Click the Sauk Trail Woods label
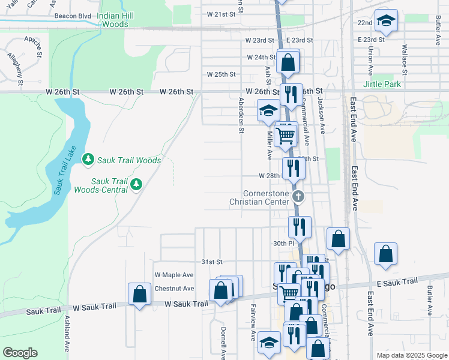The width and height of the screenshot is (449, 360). [131, 160]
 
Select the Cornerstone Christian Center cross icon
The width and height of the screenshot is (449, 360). [299, 196]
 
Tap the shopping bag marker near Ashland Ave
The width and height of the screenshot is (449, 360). [139, 294]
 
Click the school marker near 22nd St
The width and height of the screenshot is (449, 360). [386, 21]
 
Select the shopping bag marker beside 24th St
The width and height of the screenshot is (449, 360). [288, 61]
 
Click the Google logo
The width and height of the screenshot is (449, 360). [20, 353]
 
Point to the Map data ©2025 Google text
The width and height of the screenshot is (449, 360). [411, 355]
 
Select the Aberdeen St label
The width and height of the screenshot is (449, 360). [241, 115]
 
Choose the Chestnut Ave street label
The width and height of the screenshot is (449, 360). [174, 289]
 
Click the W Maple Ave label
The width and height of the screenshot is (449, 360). [174, 275]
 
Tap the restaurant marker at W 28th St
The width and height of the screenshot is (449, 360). [294, 168]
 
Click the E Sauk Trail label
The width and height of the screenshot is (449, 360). [397, 282]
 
